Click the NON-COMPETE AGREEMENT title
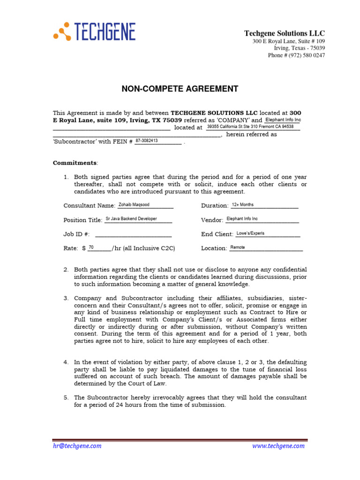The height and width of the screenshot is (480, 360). pyautogui.click(x=180, y=89)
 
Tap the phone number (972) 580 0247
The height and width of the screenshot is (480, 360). pyautogui.click(x=296, y=55)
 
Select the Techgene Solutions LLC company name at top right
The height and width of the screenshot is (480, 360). pyautogui.click(x=284, y=33)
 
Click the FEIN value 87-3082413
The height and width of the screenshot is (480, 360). pyautogui.click(x=147, y=141)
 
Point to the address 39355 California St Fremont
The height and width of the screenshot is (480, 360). pyautogui.click(x=250, y=127)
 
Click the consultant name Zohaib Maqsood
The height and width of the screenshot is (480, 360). pyautogui.click(x=134, y=205)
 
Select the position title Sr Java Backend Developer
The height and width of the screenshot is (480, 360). pyautogui.click(x=131, y=219)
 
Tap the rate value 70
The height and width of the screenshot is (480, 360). pyautogui.click(x=91, y=247)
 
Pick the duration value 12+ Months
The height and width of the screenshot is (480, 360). pyautogui.click(x=243, y=205)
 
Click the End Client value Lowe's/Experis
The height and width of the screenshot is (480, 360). pyautogui.click(x=250, y=233)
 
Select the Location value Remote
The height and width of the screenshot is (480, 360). pyautogui.click(x=238, y=247)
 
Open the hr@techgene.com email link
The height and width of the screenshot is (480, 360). pyautogui.click(x=76, y=446)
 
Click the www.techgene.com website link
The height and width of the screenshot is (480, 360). pyautogui.click(x=278, y=446)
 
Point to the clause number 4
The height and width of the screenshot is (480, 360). pyautogui.click(x=66, y=362)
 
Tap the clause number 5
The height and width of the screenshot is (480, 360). pyautogui.click(x=66, y=397)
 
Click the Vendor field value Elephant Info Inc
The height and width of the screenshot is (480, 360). pyautogui.click(x=242, y=219)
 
